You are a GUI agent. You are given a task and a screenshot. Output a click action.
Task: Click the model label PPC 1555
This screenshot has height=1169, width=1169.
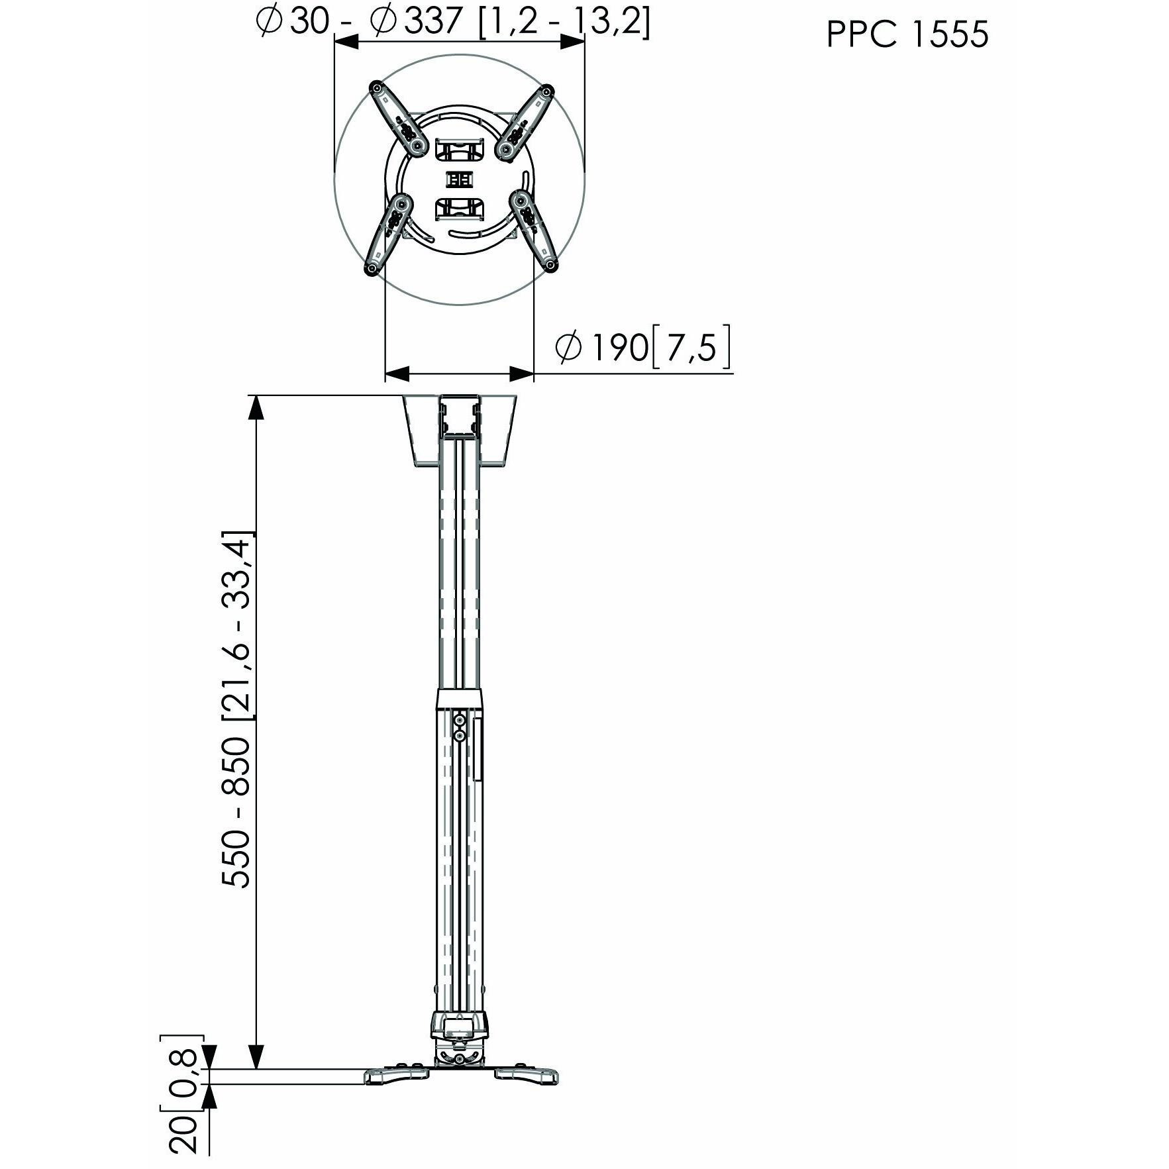click(x=907, y=34)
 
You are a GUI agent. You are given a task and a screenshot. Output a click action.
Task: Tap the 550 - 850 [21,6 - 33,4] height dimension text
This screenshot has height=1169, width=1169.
click(x=237, y=709)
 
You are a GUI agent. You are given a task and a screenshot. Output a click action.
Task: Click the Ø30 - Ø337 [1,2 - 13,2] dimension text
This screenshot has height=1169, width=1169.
click(x=453, y=23)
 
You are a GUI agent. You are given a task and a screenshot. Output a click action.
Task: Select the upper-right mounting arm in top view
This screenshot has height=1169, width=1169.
click(x=526, y=122)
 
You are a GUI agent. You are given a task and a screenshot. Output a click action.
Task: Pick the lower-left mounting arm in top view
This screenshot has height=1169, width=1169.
click(x=389, y=232)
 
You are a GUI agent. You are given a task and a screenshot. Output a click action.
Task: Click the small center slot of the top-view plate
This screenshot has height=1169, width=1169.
click(x=460, y=179)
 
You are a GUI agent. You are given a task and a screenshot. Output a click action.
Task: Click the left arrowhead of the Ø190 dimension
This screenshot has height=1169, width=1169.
click(x=395, y=374)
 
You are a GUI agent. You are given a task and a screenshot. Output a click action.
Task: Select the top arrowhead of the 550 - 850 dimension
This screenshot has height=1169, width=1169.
click(x=256, y=407)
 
